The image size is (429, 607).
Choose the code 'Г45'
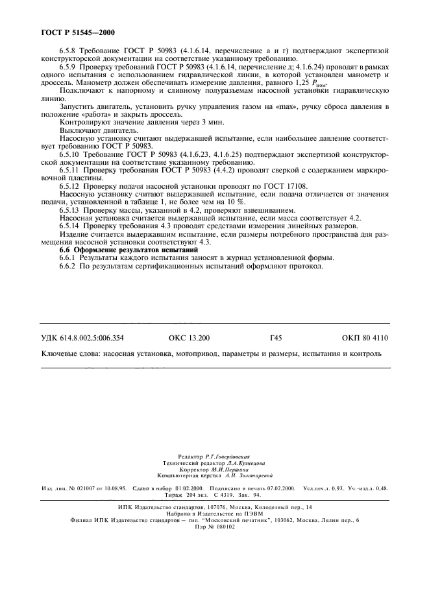(x=275, y=338)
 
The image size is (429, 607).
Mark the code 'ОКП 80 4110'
(x=365, y=338)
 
